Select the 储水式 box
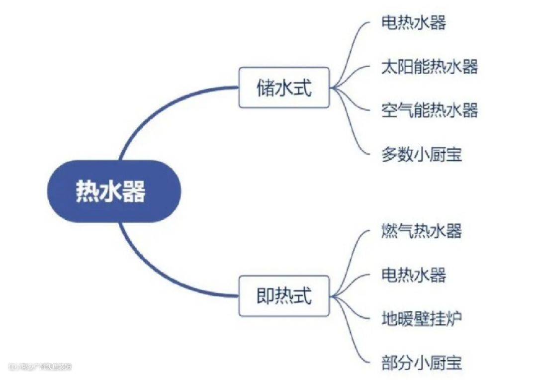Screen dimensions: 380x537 point(284,88)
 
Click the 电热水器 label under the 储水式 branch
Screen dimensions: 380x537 point(414,23)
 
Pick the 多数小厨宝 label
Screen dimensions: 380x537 point(422,154)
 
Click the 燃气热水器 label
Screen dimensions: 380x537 point(422,231)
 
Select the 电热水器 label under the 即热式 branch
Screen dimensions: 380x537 point(414,275)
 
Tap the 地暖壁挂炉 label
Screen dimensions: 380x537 point(422,318)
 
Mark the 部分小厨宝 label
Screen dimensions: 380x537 point(422,362)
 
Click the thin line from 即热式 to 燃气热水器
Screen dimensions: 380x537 point(356,254)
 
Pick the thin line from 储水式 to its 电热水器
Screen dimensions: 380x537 point(356,45)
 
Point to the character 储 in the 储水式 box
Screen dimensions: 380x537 point(264,88)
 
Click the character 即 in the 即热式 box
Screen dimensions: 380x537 point(264,296)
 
